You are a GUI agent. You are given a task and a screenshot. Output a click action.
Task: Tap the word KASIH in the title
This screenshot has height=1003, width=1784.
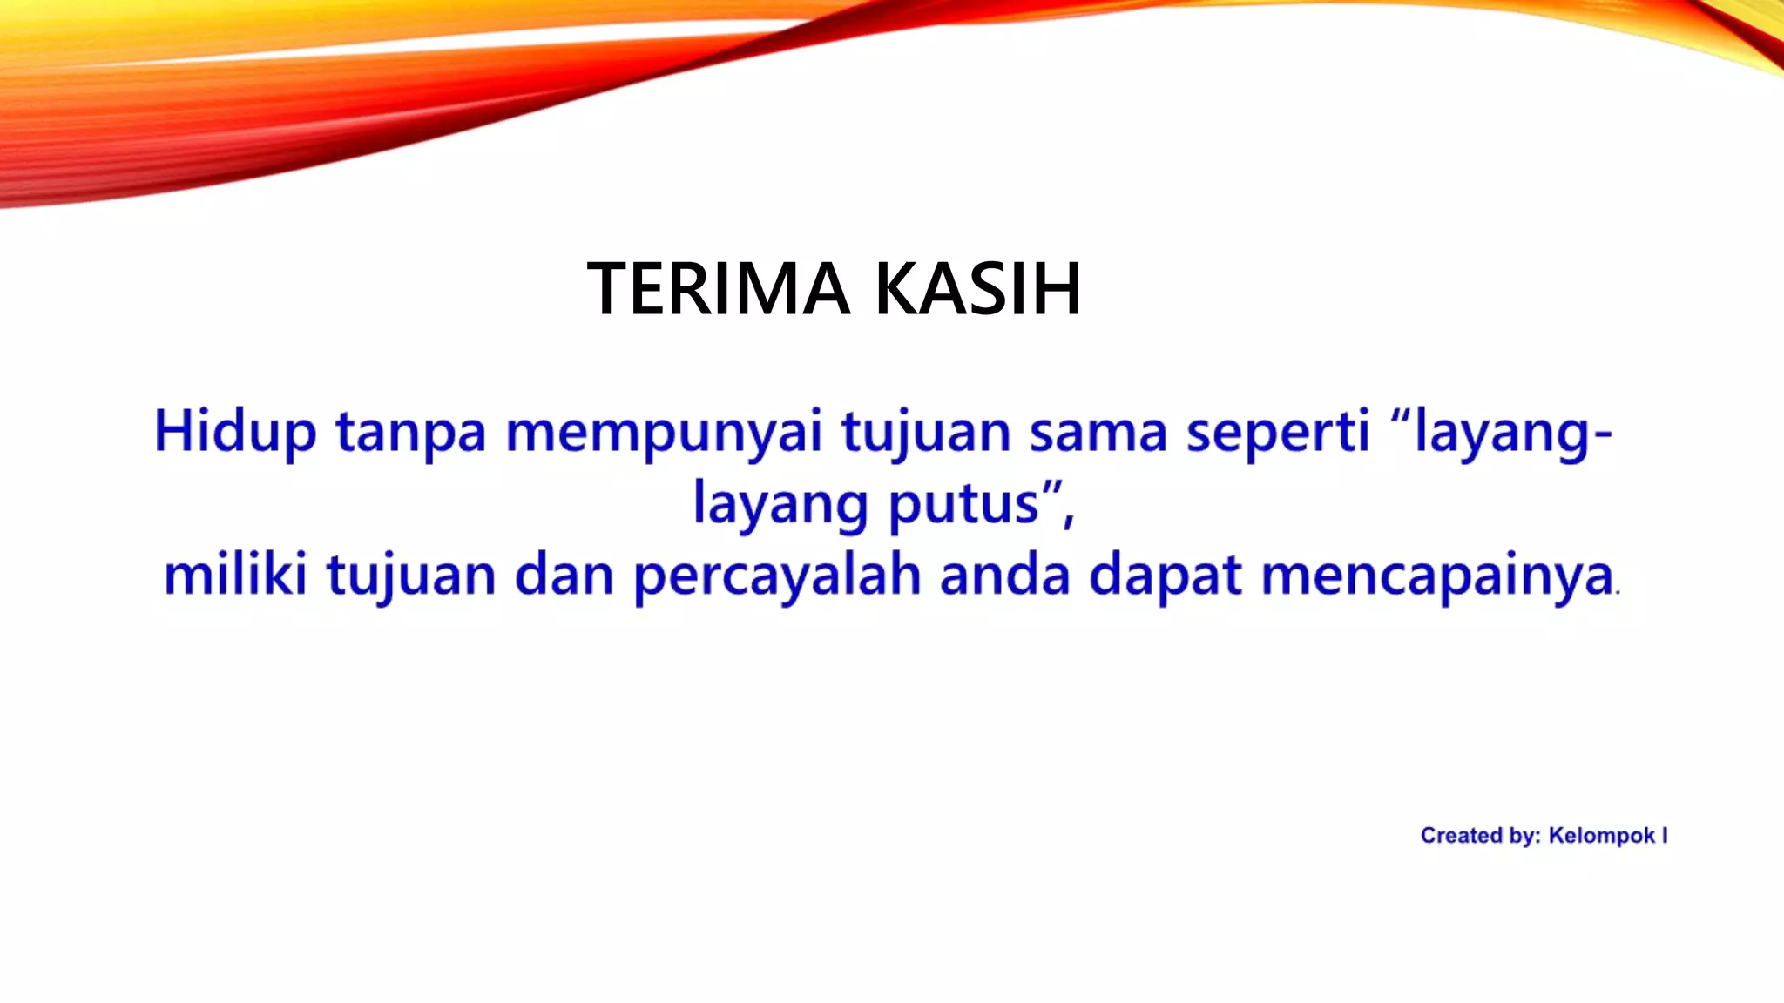click(x=977, y=288)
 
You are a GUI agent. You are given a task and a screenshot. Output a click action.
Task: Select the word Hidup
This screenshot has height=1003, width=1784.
click(x=234, y=432)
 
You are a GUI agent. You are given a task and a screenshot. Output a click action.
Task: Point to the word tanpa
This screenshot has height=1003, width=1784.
click(x=410, y=433)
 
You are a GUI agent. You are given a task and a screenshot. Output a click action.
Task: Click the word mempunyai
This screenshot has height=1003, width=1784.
click(x=664, y=433)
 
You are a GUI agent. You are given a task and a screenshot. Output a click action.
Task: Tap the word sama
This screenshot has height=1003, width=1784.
click(x=1098, y=432)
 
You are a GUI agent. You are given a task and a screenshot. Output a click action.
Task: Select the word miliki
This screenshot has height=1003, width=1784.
click(x=235, y=576)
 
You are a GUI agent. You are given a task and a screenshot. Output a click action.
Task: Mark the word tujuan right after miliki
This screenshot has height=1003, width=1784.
click(x=411, y=576)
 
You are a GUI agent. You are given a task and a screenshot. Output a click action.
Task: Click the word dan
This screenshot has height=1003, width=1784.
click(x=564, y=576)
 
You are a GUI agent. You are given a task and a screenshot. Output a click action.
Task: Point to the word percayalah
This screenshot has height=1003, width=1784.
click(x=777, y=576)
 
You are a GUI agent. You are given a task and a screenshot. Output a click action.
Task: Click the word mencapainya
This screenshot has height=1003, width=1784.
click(x=1436, y=576)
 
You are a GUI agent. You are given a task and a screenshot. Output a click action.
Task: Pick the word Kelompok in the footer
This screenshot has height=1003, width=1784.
click(x=1601, y=836)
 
